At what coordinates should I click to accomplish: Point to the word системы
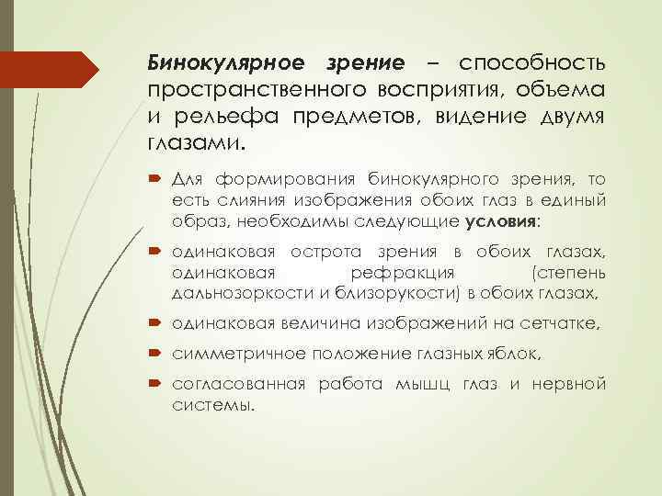tap(211, 405)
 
